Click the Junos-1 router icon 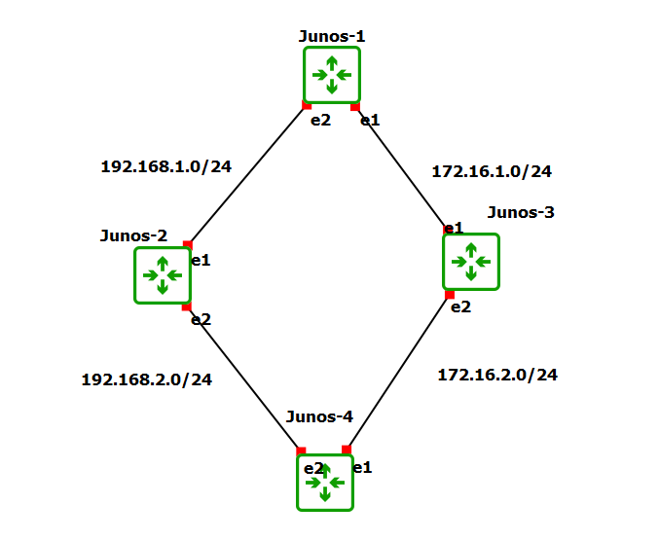coord(331,74)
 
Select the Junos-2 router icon coord(163,275)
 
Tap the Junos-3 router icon coord(471,262)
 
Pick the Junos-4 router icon coord(324,482)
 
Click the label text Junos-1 coord(332,36)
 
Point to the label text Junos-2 coord(133,235)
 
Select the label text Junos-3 coord(521,212)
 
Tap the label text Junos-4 coord(319,416)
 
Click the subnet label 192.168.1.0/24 coord(165,166)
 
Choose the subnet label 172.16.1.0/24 coord(492,171)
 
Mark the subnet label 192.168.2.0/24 coord(146,379)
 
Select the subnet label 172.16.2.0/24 coord(497,374)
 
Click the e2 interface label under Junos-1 coord(320,121)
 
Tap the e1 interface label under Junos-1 coord(370,120)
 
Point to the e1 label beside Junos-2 coord(201,260)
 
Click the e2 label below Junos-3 coord(459,307)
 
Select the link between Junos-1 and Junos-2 coord(247,175)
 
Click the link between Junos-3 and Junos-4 coord(399,371)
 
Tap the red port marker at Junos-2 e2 coord(186,307)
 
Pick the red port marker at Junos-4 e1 coord(347,450)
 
